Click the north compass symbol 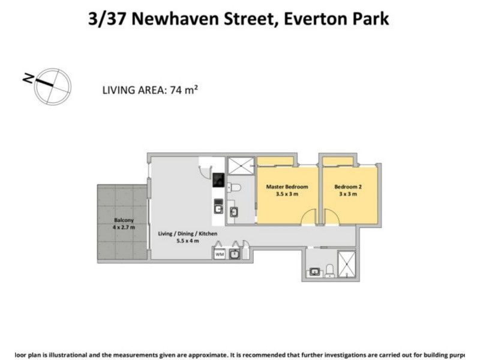[x=53, y=86]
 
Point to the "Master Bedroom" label [x=283, y=186]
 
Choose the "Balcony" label [x=123, y=220]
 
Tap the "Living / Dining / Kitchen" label [x=187, y=233]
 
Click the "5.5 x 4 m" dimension [x=187, y=241]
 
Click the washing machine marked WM [x=219, y=254]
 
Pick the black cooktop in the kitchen [x=219, y=180]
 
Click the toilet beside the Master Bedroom [x=235, y=188]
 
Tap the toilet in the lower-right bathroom [x=329, y=271]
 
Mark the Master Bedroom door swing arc [x=310, y=217]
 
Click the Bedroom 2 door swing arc [x=331, y=217]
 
